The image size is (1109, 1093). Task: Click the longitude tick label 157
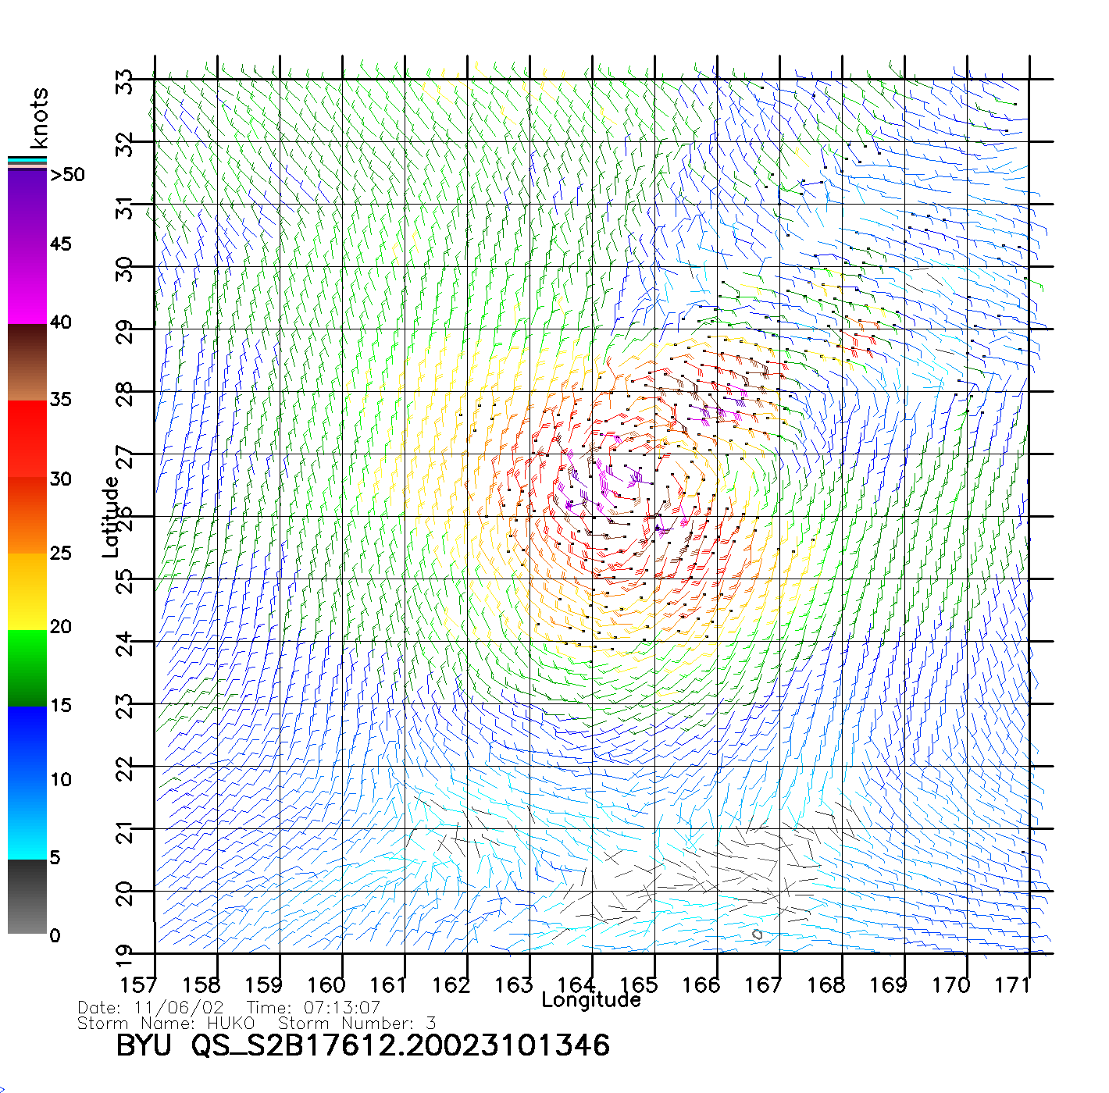coord(138,984)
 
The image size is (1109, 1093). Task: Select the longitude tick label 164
coord(576,984)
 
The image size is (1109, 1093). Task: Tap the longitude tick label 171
coord(1013,984)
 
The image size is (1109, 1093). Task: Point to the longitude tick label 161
coord(388,984)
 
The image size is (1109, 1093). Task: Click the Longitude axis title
coord(591,1000)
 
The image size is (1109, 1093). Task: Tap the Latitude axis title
coord(111,516)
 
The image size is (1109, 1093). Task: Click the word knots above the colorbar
coord(39,118)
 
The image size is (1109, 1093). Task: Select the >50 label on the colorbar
coord(68,175)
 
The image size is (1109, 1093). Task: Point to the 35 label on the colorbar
coord(60,400)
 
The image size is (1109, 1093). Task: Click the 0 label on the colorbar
coord(55,935)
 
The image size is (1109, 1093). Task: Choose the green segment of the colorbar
coord(27,668)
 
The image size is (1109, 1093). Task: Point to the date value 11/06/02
coord(179,1008)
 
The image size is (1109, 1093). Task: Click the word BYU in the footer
coord(144,1045)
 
